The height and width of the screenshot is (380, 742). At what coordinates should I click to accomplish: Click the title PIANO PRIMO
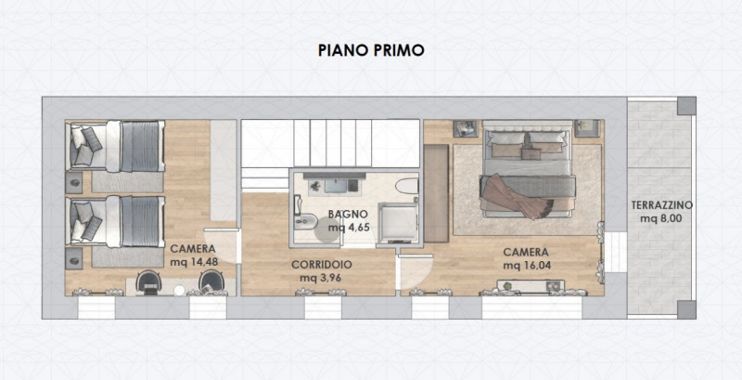click(x=371, y=50)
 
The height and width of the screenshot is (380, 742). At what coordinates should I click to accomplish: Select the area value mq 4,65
click(x=349, y=228)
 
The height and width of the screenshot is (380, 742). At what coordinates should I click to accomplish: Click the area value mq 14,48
click(x=194, y=262)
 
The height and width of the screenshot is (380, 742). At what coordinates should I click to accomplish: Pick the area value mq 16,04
click(x=527, y=266)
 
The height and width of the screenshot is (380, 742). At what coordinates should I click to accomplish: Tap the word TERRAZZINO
click(x=662, y=205)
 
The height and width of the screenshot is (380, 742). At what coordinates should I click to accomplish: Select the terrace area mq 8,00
click(x=661, y=218)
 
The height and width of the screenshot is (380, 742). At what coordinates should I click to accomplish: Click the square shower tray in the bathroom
click(x=398, y=222)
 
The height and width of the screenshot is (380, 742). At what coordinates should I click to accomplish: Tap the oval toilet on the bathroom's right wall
click(x=407, y=186)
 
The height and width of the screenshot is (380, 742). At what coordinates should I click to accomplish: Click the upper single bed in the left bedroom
click(x=115, y=146)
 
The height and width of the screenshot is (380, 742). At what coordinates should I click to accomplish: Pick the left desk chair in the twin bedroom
click(x=148, y=282)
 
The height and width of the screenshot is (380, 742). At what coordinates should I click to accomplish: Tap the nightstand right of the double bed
click(x=587, y=128)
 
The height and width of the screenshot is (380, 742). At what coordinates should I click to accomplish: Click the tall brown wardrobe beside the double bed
click(x=436, y=193)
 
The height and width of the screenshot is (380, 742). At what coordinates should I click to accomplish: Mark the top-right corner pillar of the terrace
click(x=686, y=106)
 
